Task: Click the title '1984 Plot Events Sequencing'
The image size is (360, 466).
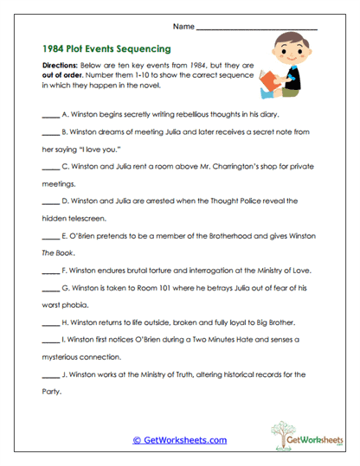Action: (106, 48)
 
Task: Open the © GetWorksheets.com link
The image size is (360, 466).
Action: (179, 440)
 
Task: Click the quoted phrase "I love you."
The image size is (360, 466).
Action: (113, 150)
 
